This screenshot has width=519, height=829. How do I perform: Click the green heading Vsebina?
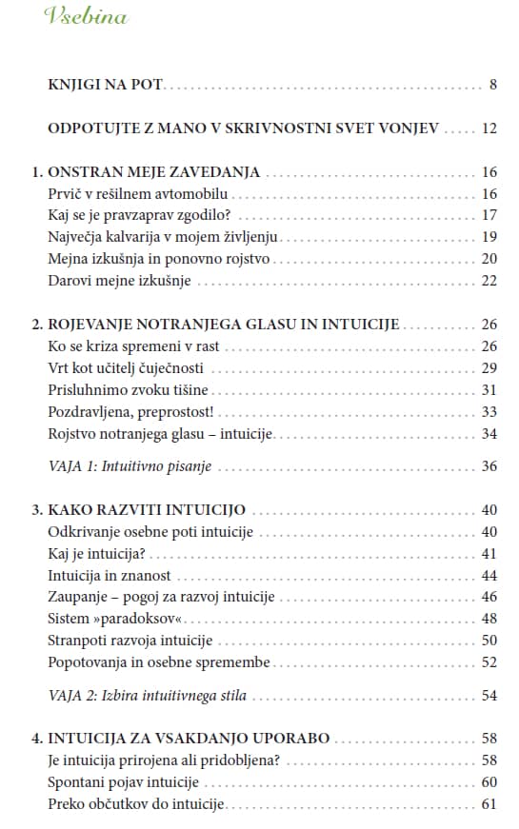coord(86,17)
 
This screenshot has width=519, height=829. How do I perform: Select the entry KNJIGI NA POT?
coord(106,85)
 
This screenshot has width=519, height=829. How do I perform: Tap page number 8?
coord(493,85)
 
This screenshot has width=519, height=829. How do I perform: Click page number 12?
coord(489,128)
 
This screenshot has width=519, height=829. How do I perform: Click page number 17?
coord(489,215)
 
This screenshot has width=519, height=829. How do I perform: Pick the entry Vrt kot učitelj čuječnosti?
coord(125,367)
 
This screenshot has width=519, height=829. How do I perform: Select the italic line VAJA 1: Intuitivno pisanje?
coord(130,466)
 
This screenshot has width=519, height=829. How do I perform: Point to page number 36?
coord(489,466)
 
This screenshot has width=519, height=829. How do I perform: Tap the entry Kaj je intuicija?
coord(101,553)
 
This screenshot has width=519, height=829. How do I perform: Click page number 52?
coord(489,662)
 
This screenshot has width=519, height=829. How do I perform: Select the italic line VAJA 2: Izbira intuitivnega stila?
coord(147,695)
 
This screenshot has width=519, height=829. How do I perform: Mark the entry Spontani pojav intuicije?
coord(123,781)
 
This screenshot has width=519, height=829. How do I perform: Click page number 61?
coord(489,804)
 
